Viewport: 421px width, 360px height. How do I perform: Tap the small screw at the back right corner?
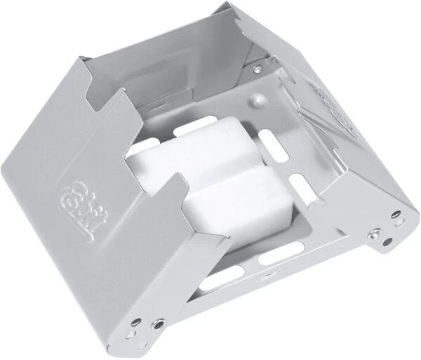coord(258,69)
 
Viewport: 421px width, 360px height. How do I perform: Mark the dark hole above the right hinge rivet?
coord(397,213)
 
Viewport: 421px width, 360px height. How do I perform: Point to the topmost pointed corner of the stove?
coord(232,4)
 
